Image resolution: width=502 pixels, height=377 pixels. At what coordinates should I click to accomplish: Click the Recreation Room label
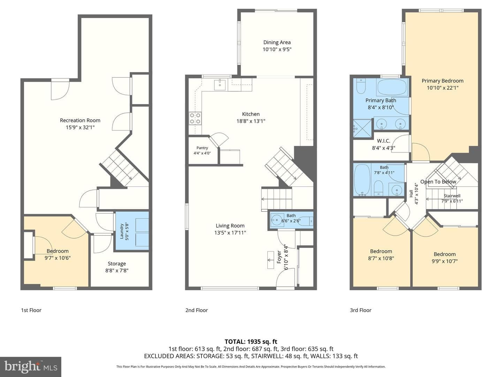tap(80, 120)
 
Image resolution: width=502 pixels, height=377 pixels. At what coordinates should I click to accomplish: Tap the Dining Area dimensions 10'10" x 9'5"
tap(277, 50)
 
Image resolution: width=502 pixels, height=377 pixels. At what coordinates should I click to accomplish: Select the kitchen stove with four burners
tap(195, 118)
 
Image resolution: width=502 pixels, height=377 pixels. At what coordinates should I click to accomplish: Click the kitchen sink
tap(220, 85)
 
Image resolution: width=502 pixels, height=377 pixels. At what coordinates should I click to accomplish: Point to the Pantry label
tap(202, 148)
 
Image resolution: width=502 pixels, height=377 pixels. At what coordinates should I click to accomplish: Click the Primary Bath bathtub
tap(392, 87)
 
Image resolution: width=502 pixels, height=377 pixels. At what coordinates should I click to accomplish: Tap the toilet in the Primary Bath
tap(361, 86)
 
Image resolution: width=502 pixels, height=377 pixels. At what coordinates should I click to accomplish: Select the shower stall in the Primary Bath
tap(363, 128)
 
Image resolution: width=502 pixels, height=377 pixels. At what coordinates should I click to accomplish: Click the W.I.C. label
tap(383, 141)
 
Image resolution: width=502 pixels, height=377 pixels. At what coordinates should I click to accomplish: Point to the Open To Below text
tap(438, 182)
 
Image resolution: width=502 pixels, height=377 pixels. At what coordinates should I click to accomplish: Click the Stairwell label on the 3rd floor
tap(452, 196)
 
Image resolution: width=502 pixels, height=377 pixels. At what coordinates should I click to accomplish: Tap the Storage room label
tap(117, 264)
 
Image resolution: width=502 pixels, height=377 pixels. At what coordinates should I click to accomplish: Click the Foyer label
tap(279, 257)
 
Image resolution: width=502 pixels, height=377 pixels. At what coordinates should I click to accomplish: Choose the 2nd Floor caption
tap(197, 310)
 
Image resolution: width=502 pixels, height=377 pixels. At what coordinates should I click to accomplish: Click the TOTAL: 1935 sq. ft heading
tap(251, 342)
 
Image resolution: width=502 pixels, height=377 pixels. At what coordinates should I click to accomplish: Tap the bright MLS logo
tap(31, 367)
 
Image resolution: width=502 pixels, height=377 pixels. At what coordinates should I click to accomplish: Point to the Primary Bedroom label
tap(442, 81)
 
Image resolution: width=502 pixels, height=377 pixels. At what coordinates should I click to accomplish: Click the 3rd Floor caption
tap(361, 310)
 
